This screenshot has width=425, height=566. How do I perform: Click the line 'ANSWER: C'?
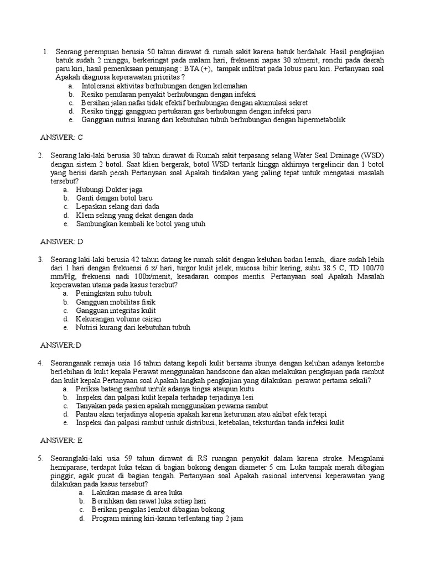pyautogui.click(x=61, y=137)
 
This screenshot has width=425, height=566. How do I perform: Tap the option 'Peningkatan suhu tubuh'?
pyautogui.click(x=113, y=293)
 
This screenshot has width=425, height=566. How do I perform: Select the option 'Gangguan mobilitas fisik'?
pyautogui.click(x=116, y=302)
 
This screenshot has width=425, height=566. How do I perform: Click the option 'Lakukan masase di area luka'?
pyautogui.click(x=137, y=492)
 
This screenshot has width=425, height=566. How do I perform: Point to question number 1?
pyautogui.click(x=45, y=51)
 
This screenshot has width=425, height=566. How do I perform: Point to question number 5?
pyautogui.click(x=40, y=458)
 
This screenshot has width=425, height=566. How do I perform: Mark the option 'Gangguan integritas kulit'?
pyautogui.click(x=116, y=310)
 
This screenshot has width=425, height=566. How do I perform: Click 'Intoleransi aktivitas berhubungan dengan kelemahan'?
pyautogui.click(x=164, y=86)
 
